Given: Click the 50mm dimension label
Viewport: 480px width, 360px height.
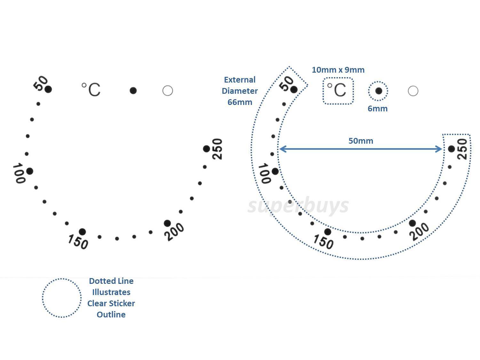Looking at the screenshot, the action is pos(361,141).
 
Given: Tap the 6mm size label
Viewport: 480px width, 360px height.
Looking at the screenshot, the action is pos(377,108).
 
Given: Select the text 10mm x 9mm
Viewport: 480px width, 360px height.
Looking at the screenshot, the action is pos(338,70).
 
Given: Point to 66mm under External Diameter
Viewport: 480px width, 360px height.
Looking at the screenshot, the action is pos(240,102).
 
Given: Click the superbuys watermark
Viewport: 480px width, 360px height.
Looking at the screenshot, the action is pos(298,206).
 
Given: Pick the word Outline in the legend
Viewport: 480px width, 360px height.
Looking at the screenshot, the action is pos(111,315).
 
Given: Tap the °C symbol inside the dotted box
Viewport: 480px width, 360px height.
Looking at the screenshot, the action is pos(337,90).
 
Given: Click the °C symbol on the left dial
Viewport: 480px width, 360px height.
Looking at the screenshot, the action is pos(91,89).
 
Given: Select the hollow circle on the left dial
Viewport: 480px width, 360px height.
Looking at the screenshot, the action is pos(168,91).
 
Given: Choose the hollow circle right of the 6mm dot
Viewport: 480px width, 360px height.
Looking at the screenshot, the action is pos(413,91).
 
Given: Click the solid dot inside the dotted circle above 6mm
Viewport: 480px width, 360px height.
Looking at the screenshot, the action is pos(379,91).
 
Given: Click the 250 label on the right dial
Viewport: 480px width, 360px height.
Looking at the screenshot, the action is pos(462,149).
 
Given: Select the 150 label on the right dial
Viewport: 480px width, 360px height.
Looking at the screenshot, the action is pos(324,242).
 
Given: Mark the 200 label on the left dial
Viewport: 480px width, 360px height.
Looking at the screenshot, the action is pos(174,232).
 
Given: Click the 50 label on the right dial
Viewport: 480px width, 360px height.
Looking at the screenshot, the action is pos(286,84).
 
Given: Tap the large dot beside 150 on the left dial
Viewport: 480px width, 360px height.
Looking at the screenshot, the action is pos(82,232).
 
